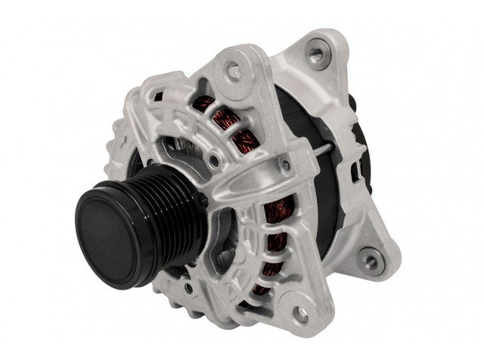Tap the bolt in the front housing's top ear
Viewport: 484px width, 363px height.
[x=234, y=70]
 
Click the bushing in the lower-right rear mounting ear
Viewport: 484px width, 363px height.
[x=371, y=262]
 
